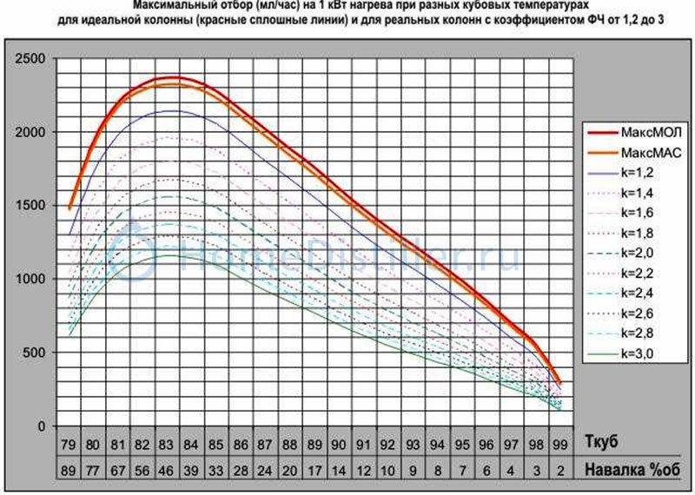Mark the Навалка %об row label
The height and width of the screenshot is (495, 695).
tap(627, 468)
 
